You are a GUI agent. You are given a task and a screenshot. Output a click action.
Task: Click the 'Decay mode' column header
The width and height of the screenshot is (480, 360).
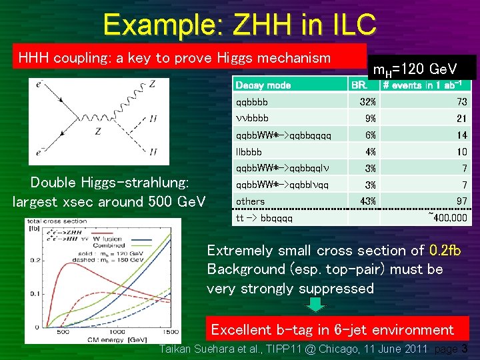click(x=263, y=85)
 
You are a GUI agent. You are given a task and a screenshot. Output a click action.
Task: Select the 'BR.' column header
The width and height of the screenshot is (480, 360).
click(x=359, y=85)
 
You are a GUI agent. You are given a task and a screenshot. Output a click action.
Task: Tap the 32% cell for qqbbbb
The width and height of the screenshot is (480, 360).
click(x=368, y=102)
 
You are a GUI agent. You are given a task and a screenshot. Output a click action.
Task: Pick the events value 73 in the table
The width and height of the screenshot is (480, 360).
click(x=461, y=102)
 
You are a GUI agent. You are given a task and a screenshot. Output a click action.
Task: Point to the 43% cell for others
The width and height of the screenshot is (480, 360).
click(x=367, y=201)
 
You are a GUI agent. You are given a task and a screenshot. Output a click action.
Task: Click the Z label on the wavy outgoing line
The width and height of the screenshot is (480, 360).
click(x=152, y=84)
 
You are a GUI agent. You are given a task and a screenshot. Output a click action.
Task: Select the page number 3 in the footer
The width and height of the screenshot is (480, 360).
click(x=465, y=349)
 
